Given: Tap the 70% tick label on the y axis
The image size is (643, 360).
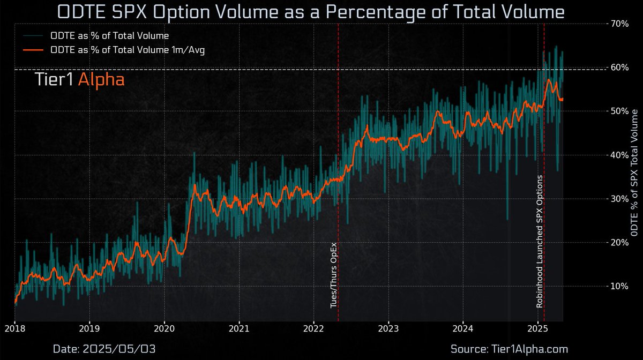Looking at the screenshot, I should click(619, 24).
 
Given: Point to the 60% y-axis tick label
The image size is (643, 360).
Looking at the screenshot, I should click(619, 67).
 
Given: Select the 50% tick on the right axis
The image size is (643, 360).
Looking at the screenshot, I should click(619, 111).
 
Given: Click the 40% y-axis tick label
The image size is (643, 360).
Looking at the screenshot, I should click(619, 155).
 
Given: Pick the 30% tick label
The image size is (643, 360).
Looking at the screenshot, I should click(619, 199).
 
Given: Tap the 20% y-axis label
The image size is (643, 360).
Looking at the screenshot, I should click(619, 242).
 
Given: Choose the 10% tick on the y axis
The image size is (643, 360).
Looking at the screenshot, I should click(619, 286).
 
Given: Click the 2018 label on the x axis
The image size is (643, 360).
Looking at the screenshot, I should click(15, 328).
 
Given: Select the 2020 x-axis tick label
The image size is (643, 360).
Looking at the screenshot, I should click(165, 328).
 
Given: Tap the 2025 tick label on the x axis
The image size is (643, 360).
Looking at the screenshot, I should click(538, 328).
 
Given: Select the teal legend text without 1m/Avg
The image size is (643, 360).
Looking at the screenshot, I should click(109, 36).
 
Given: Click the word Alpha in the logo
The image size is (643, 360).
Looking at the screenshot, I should click(101, 80).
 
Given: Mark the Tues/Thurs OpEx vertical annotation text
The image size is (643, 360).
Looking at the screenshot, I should click(333, 274).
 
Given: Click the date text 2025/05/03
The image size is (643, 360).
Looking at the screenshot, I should click(105, 349).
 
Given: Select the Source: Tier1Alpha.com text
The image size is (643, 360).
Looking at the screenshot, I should click(509, 349).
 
